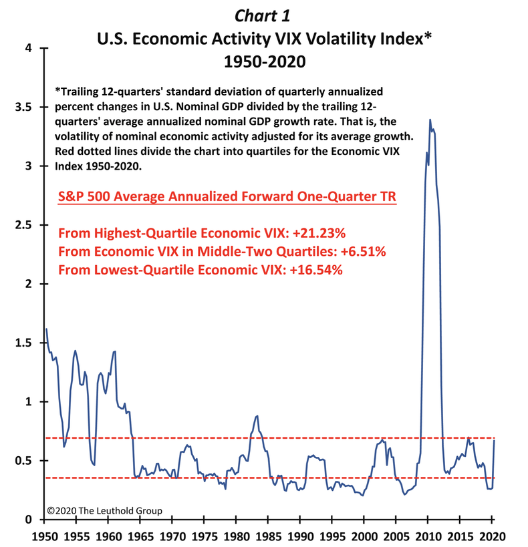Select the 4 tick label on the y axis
(29, 48)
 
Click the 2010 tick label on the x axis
(427, 536)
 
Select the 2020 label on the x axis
(491, 536)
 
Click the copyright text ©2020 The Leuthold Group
(104, 510)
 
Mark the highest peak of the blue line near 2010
(430, 120)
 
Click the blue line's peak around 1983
(257, 415)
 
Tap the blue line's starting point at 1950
(46, 329)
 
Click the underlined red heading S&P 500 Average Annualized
(228, 198)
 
